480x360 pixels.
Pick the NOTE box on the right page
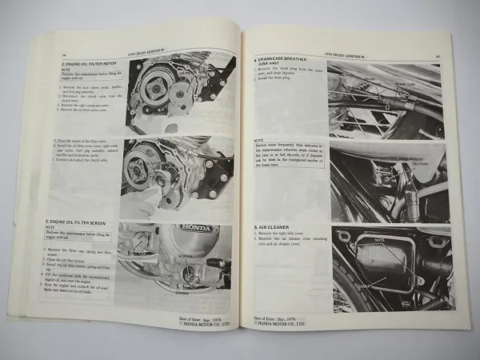[x=288, y=152]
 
